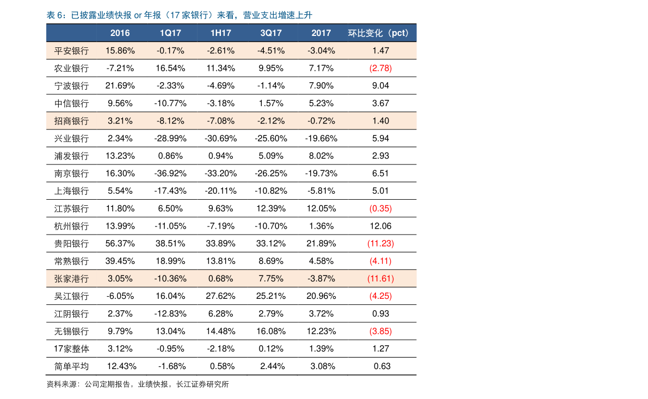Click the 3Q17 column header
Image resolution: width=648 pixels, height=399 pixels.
271,33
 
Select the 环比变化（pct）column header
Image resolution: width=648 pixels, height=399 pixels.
378,33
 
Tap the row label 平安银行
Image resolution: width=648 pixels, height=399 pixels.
71,51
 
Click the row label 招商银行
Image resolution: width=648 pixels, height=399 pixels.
71,121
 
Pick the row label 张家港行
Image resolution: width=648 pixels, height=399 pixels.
71,279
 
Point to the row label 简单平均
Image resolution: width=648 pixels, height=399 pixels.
71,367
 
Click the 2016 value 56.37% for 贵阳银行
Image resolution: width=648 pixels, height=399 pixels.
120,243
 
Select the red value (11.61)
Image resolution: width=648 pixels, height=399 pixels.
381,279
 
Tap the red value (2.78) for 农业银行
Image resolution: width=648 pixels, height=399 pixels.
381,68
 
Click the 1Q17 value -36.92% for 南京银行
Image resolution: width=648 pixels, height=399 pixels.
170,173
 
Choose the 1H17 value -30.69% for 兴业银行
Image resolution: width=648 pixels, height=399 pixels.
221,138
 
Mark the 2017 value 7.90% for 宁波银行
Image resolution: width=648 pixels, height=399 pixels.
321,85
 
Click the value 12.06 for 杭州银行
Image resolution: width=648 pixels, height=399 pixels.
381,226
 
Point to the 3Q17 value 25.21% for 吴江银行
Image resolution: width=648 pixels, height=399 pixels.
271,296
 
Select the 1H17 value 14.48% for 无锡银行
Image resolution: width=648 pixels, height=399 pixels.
221,331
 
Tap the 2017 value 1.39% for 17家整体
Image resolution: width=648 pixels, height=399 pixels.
321,348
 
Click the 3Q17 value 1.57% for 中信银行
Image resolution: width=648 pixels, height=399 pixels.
271,103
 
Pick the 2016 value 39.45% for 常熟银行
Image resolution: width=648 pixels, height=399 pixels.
120,261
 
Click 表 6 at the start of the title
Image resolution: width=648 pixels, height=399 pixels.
55,15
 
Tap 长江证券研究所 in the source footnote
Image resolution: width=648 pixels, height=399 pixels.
202,384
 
